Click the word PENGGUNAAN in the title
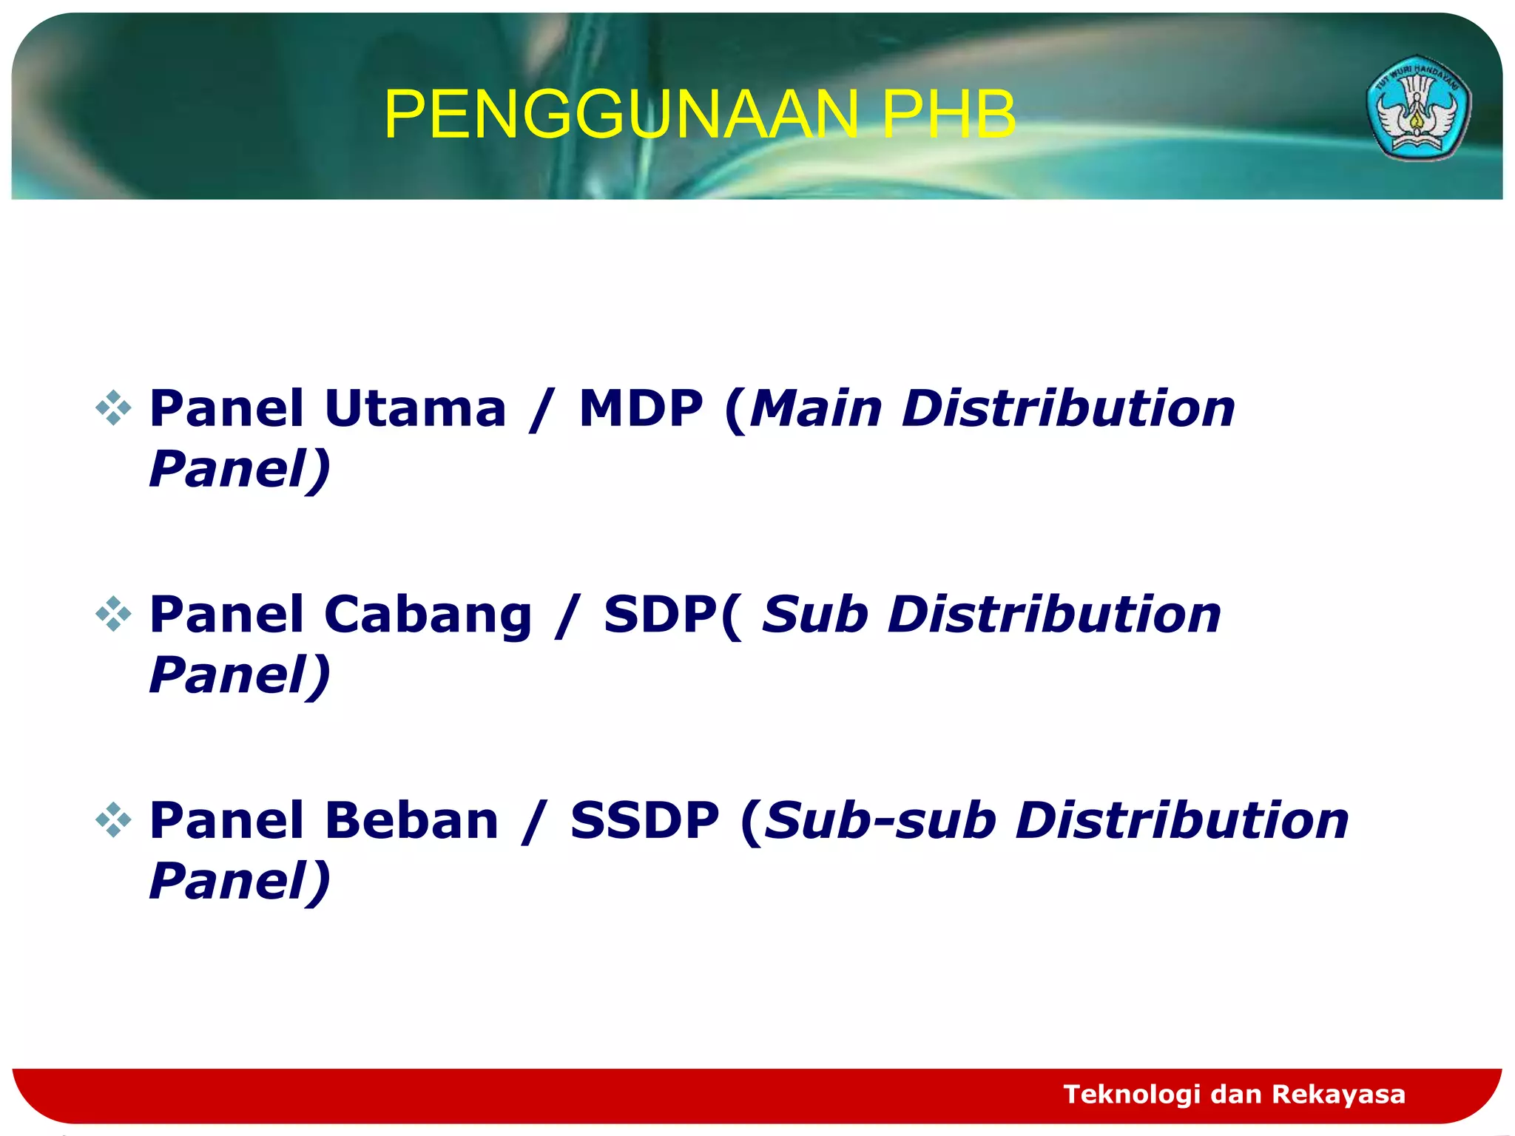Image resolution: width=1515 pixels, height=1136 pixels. click(620, 115)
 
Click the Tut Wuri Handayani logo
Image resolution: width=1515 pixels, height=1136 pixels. click(1417, 108)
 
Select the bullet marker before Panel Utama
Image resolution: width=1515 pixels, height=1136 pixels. click(113, 408)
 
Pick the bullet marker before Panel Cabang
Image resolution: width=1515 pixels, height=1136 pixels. click(113, 614)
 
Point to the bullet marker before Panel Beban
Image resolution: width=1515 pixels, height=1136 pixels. click(113, 819)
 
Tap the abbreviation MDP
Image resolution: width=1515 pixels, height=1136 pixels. click(640, 408)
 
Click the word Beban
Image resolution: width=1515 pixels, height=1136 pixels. click(411, 820)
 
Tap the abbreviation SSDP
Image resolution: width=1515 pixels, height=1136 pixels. click(644, 820)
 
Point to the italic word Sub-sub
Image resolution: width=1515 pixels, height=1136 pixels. click(880, 820)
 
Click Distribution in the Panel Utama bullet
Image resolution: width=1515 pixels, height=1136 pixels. click(1068, 408)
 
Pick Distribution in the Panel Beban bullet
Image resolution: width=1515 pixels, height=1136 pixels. click(1182, 820)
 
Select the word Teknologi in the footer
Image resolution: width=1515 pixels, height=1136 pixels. click(1131, 1094)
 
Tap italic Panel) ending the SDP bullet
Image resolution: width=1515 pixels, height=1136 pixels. click(239, 674)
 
